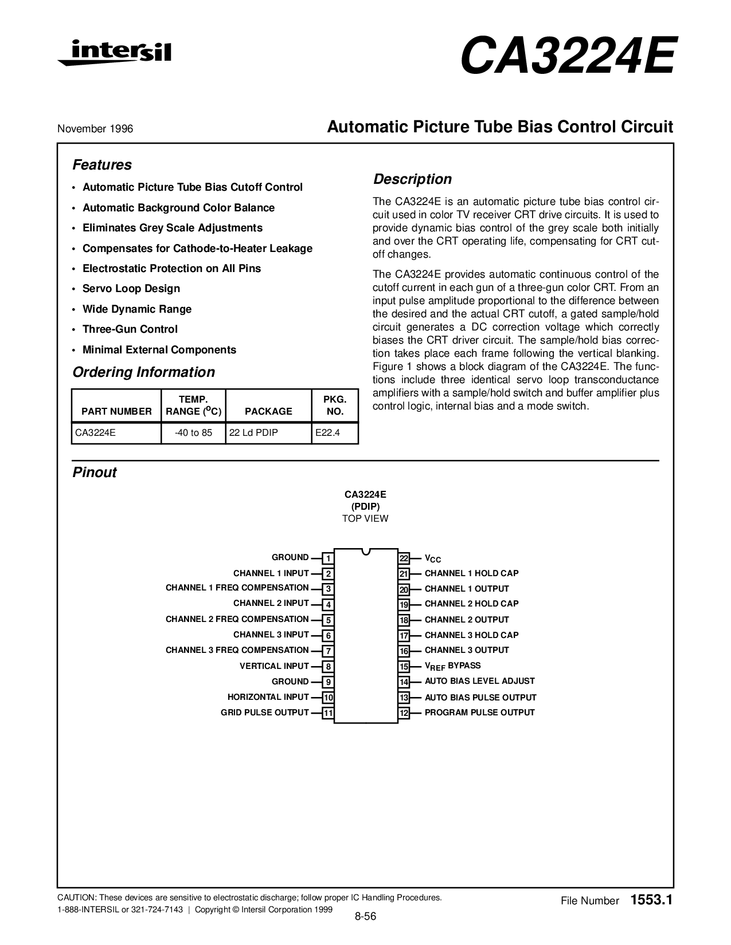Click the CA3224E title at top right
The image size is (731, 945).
click(567, 57)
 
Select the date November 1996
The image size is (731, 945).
click(95, 129)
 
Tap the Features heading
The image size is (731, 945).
click(102, 165)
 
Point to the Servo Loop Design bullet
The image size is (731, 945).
click(131, 289)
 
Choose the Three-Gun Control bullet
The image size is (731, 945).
click(130, 329)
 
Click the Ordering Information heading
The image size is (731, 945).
click(143, 372)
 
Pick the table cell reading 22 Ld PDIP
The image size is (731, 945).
click(253, 433)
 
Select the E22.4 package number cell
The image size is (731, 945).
click(327, 433)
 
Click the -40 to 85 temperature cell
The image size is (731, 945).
click(193, 433)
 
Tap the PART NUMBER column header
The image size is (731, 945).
click(117, 411)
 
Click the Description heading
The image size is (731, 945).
click(413, 179)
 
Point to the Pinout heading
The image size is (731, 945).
click(95, 472)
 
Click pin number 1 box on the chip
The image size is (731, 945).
click(328, 558)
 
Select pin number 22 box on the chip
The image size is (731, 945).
click(404, 558)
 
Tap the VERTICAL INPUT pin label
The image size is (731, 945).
click(274, 666)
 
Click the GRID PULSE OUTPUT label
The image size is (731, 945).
click(265, 713)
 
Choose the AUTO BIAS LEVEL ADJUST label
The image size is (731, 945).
click(479, 682)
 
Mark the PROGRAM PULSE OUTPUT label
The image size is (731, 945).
click(479, 713)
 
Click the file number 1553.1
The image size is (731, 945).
click(650, 900)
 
